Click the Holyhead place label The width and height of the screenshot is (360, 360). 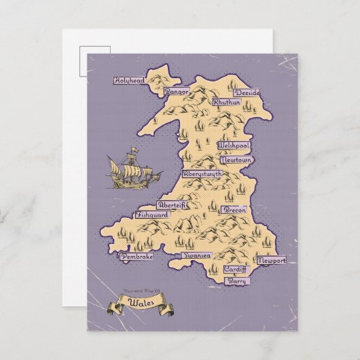coord(129,80)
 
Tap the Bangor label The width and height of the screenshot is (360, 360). coord(177,91)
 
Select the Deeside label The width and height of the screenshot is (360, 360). coord(247,93)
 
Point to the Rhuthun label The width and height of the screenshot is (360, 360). coord(226,102)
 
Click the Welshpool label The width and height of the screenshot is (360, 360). coord(234,146)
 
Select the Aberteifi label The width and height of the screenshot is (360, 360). coord(170,205)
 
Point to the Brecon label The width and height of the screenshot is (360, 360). coord(235,211)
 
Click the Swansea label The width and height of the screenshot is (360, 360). coord(197,255)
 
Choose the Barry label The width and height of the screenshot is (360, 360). coord(237,281)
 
